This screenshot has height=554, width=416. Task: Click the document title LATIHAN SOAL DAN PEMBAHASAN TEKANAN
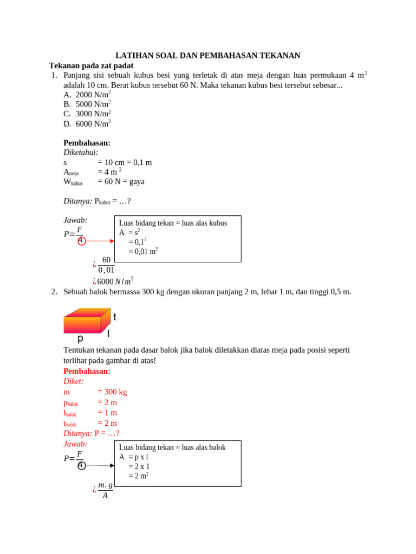tap(208, 56)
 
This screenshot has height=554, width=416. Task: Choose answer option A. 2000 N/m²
tap(87, 95)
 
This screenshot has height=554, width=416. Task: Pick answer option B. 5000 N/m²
tap(87, 104)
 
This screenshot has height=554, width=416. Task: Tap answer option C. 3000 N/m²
tap(87, 114)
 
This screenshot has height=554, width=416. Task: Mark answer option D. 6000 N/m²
tap(87, 123)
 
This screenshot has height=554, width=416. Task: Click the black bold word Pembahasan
tap(87, 143)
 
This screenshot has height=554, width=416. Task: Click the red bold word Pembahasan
tap(87, 371)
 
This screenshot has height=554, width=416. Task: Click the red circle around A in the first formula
tap(81, 241)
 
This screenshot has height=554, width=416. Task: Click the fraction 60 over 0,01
tap(106, 265)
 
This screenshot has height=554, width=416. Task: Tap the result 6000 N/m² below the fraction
tap(115, 281)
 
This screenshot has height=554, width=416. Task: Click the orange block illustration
tap(87, 321)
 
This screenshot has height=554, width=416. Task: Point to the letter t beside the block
tap(115, 317)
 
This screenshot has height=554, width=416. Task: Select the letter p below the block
tap(80, 339)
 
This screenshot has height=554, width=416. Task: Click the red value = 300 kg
tap(112, 392)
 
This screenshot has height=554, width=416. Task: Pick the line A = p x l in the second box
tap(134, 457)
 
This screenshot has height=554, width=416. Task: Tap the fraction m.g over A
tap(105, 490)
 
